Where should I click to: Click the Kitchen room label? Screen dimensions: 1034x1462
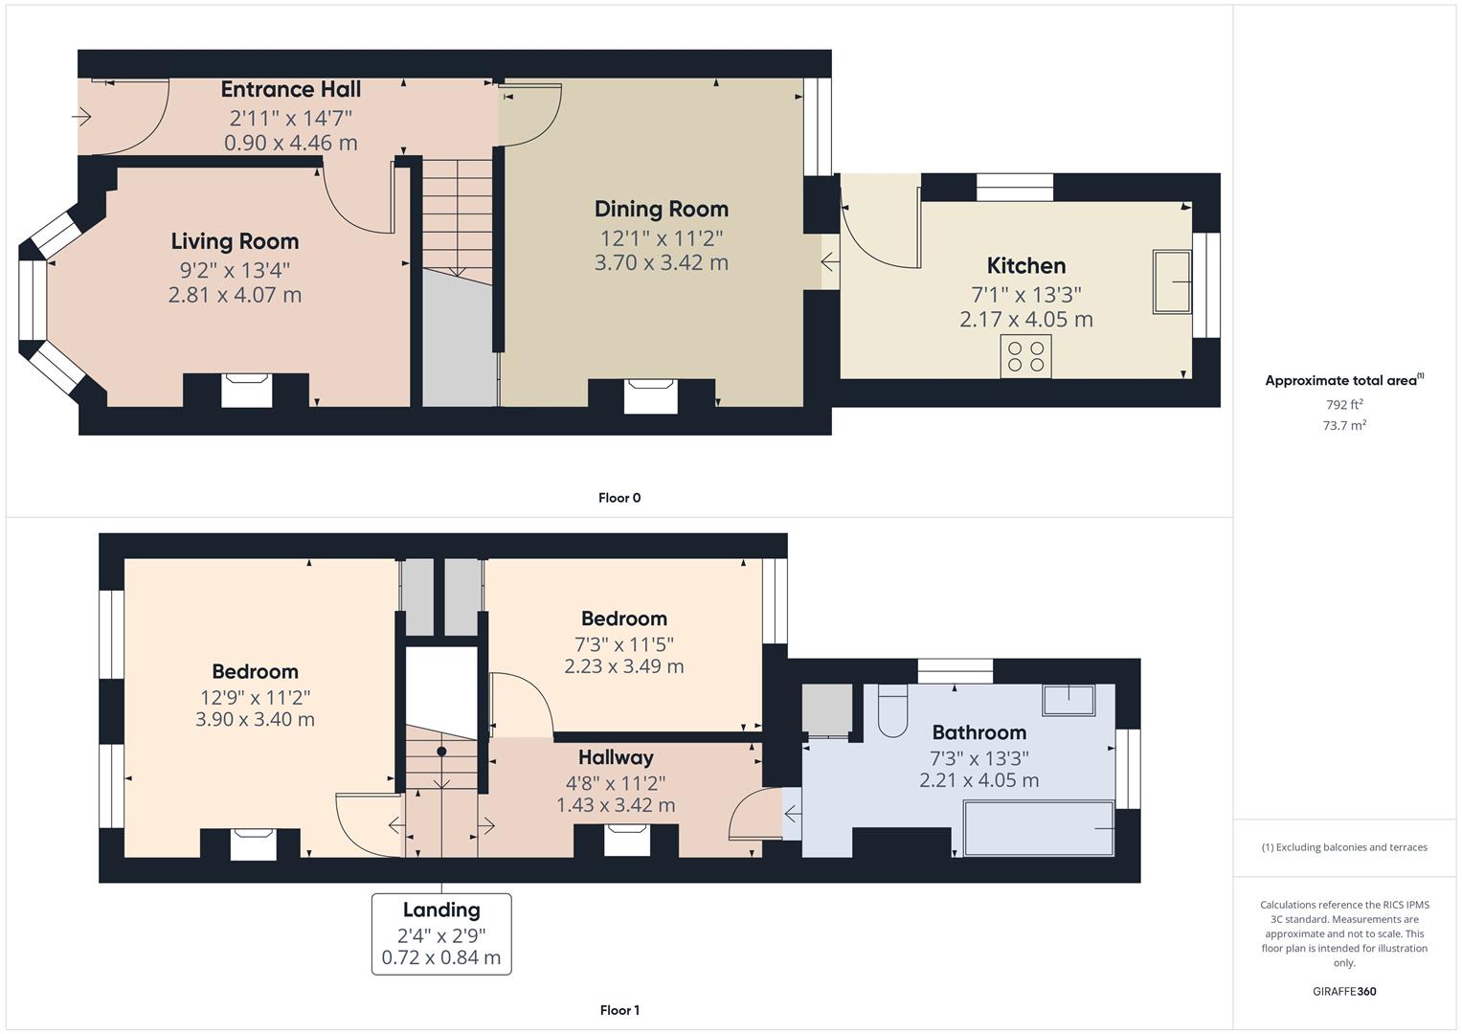pos(1025,266)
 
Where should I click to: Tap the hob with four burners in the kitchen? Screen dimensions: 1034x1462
pos(1025,356)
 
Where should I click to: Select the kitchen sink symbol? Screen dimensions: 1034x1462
pos(1172,281)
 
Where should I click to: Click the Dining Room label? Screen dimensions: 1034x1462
pos(661,210)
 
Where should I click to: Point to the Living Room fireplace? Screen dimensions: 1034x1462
pos(246,391)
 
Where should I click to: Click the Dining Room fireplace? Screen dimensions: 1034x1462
pos(650,395)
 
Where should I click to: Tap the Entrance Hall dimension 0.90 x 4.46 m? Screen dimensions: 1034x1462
pos(290,144)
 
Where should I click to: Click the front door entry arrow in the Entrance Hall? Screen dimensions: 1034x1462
pos(82,117)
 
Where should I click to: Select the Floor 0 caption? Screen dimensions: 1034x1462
pos(619,498)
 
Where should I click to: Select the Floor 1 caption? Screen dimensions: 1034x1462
pos(619,1010)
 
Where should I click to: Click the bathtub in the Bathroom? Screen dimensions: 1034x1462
pos(1039,828)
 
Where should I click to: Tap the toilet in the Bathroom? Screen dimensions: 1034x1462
pos(891,713)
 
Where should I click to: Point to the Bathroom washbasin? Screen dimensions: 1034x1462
pos(1068,700)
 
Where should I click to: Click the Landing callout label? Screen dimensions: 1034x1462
pos(441,910)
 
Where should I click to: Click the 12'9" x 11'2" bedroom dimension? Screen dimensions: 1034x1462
pos(255,698)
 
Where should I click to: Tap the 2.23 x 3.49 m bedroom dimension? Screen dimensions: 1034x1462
pos(623,666)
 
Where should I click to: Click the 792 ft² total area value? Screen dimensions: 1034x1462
pos(1343,405)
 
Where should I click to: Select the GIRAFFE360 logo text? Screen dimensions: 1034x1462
pos(1343,991)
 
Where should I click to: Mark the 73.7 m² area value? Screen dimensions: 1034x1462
pos(1343,426)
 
